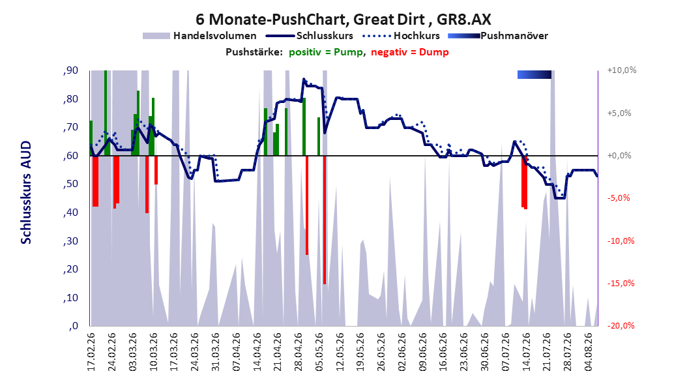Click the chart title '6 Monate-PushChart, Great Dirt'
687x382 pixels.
pyautogui.click(x=310, y=20)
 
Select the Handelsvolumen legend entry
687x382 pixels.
pyautogui.click(x=200, y=36)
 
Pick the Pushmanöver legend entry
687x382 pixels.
pyautogui.click(x=498, y=36)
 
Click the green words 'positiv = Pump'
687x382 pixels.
pyautogui.click(x=326, y=52)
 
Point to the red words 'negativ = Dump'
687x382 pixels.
pyautogui.click(x=410, y=52)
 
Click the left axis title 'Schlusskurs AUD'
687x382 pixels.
pyautogui.click(x=26, y=192)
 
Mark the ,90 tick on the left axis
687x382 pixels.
pyautogui.click(x=70, y=70)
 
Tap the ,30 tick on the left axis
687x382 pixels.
pyautogui.click(x=70, y=241)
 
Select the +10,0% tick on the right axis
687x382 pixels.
pyautogui.click(x=622, y=70)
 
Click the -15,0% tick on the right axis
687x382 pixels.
pyautogui.click(x=621, y=284)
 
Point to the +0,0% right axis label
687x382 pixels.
pyautogui.click(x=619, y=156)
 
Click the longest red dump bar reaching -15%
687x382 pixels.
pyautogui.click(x=325, y=220)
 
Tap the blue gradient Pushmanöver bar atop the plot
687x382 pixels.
pyautogui.click(x=534, y=74)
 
